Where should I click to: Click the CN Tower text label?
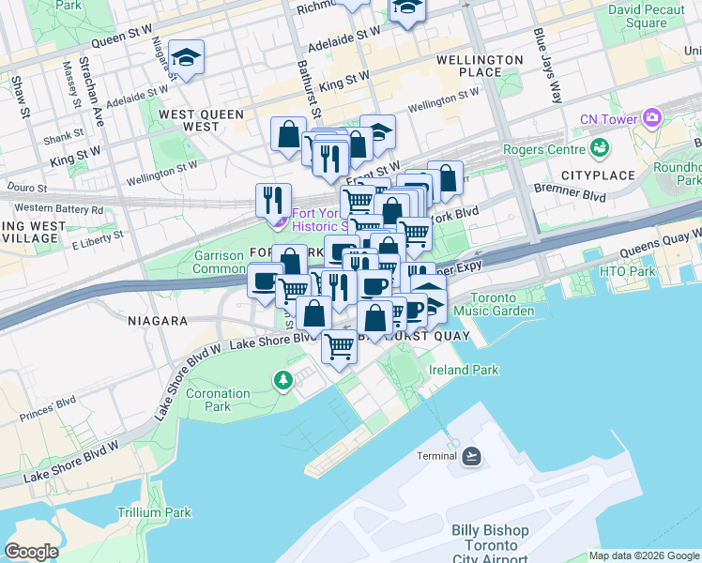pos(608,119)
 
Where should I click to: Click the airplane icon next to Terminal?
pos(472,456)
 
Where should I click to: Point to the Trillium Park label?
pos(154,512)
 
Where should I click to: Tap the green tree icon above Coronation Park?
pos(282,379)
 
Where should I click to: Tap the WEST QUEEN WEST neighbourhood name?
pos(201,120)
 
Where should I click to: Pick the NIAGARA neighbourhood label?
pos(158,321)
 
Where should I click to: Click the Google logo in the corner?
pos(31,552)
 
